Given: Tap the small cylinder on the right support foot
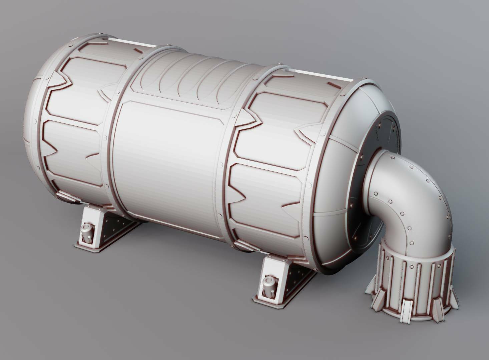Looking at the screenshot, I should (x=269, y=285).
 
